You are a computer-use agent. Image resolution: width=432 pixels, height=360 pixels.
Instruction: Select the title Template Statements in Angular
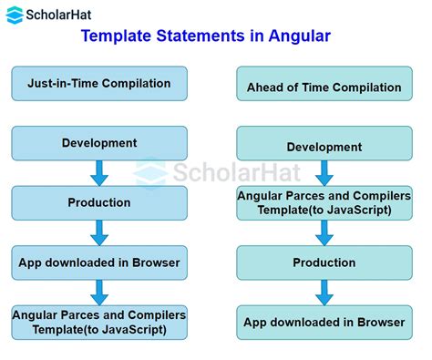[205, 37]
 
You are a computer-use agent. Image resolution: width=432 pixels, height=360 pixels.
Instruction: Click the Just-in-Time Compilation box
[99, 84]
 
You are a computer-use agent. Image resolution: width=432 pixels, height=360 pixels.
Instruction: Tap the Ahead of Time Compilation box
[324, 88]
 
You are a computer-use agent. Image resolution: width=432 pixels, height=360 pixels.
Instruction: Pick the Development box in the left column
[99, 143]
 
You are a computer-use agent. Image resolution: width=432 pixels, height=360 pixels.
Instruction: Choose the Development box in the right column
[324, 147]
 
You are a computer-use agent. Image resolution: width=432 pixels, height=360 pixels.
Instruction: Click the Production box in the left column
[99, 202]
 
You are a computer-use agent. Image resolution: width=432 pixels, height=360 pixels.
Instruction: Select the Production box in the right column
[324, 262]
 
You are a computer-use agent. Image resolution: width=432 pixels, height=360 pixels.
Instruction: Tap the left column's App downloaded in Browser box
[99, 262]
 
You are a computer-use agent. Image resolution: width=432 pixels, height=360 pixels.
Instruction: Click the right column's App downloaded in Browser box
[324, 321]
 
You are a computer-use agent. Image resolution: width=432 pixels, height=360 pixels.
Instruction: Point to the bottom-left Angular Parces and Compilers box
[99, 322]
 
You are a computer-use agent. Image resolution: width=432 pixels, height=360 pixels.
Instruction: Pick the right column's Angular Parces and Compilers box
[324, 202]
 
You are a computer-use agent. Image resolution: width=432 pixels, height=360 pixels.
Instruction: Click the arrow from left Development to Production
[99, 173]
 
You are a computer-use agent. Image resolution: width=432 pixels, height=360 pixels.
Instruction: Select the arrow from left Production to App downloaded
[99, 232]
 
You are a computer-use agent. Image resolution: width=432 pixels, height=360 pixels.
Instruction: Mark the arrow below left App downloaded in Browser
[99, 293]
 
